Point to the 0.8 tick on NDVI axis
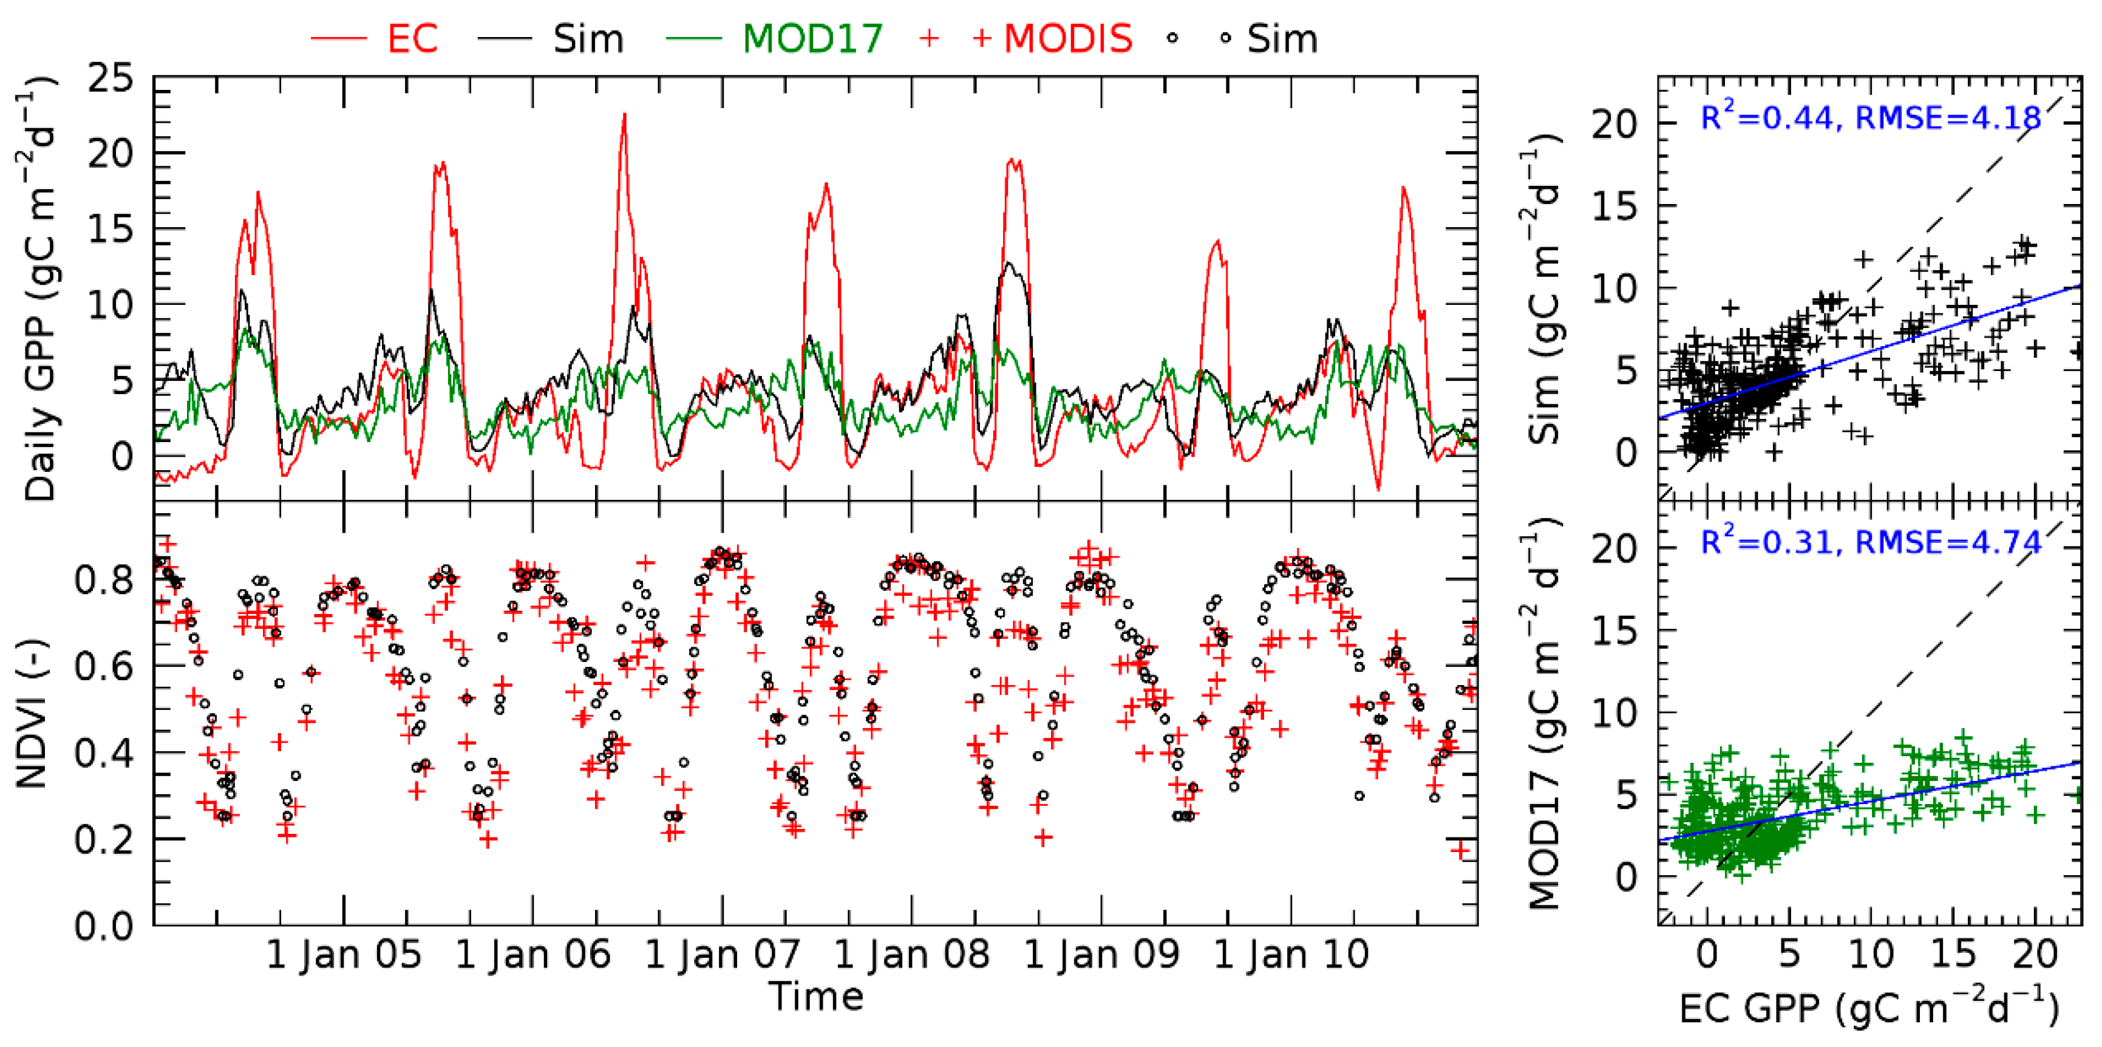click(x=104, y=580)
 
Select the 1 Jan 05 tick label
click(x=344, y=955)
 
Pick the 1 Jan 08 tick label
click(x=911, y=955)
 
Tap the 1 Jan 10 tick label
click(x=1291, y=955)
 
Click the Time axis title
click(x=816, y=997)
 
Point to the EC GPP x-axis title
click(x=1869, y=1009)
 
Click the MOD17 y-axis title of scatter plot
click(x=1543, y=714)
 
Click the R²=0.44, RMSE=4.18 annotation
click(x=1870, y=118)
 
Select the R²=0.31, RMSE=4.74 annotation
click(x=1870, y=542)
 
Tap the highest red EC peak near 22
click(x=624, y=115)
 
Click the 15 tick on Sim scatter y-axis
click(x=1615, y=207)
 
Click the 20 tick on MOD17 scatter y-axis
click(x=1615, y=548)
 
